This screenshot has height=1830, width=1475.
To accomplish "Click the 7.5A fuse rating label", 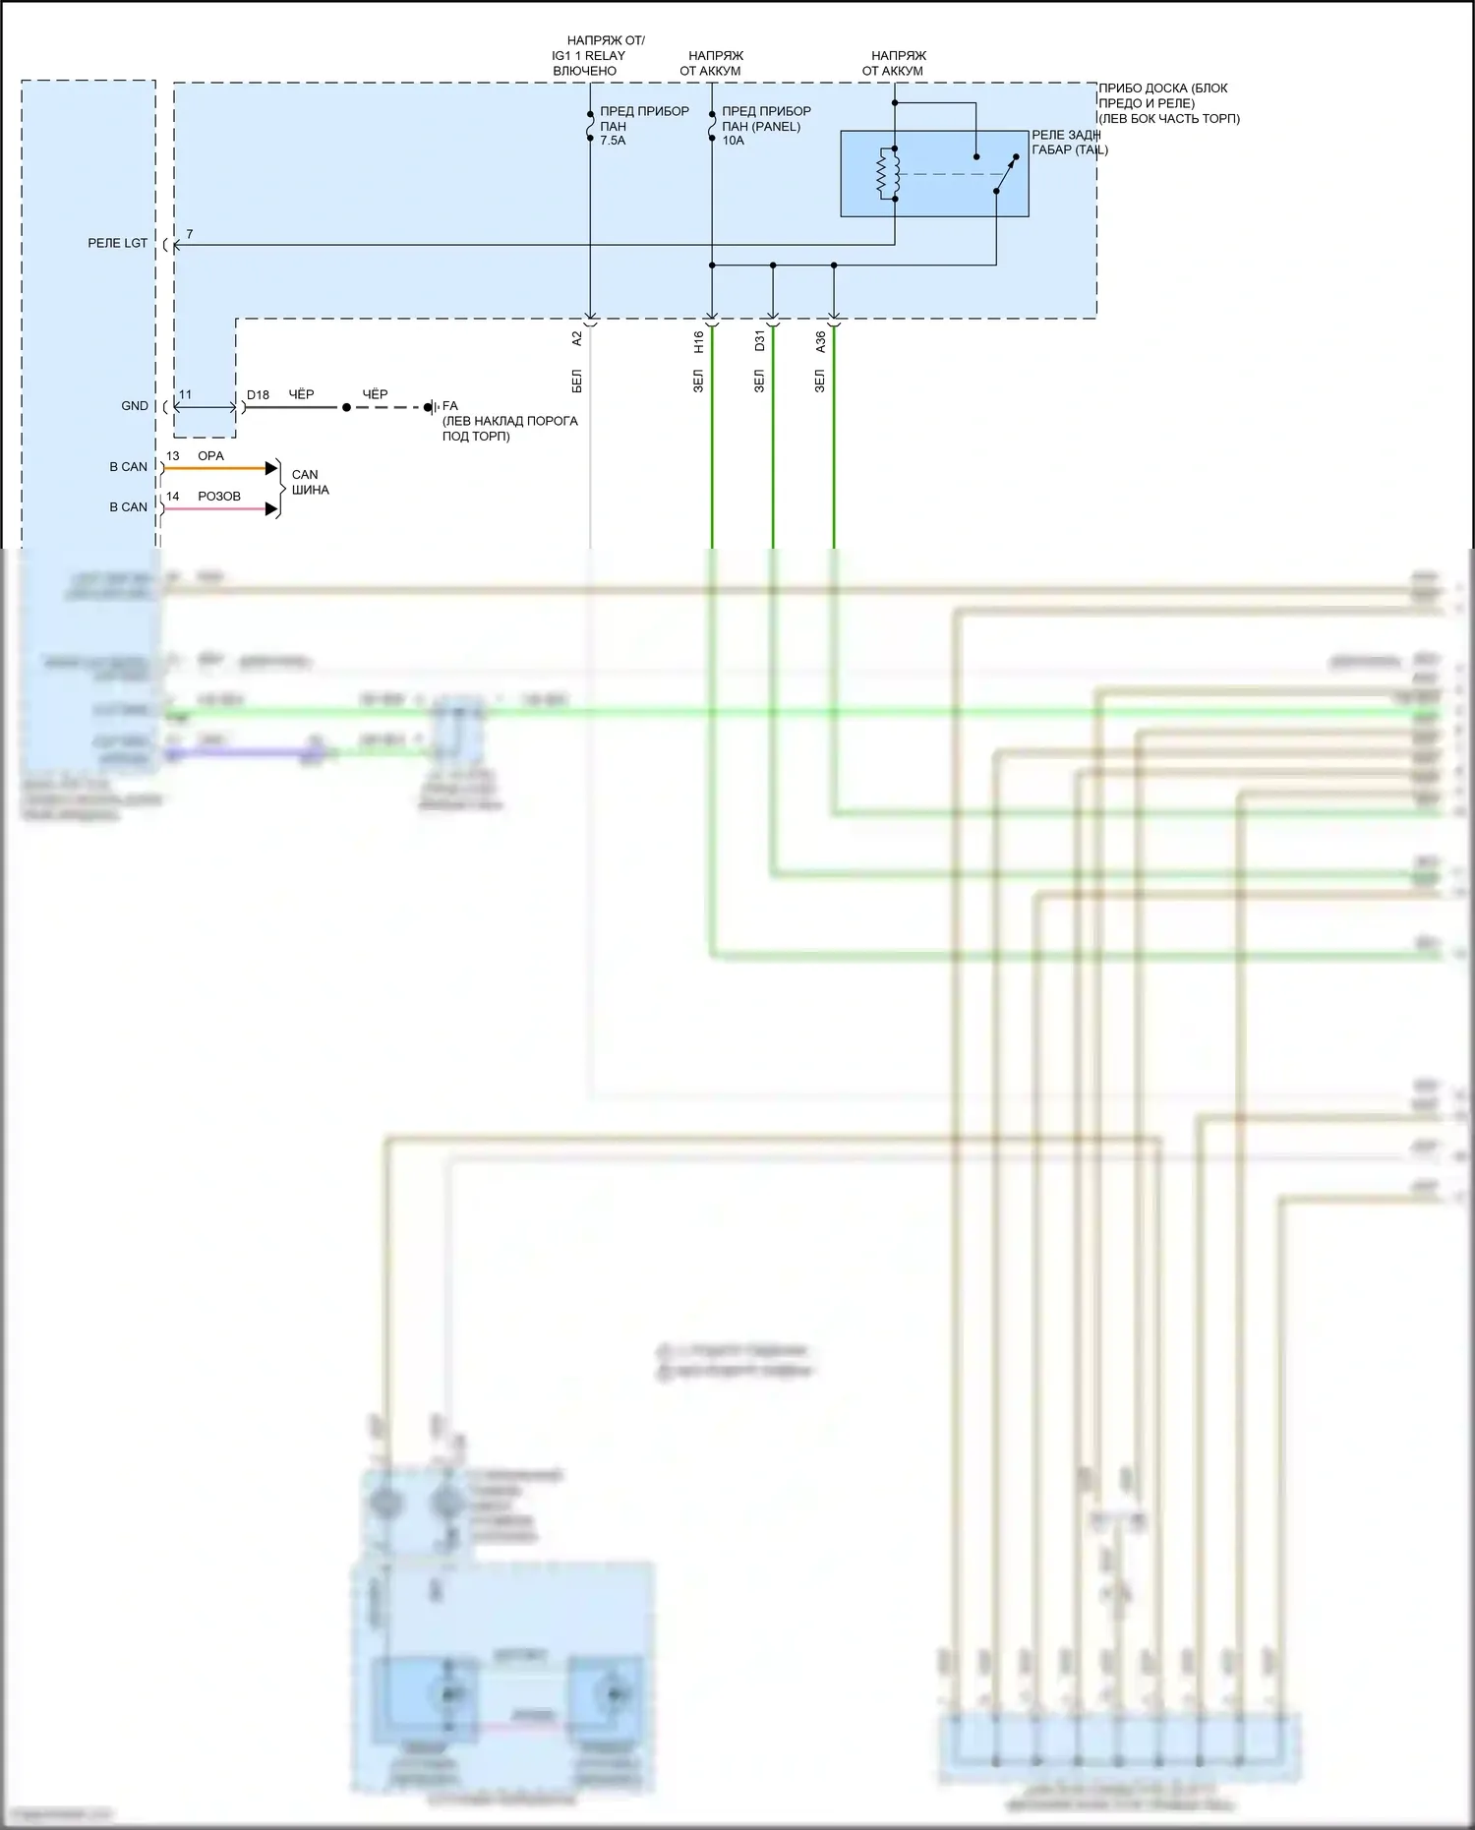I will (613, 141).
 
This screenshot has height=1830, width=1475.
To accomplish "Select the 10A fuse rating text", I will (733, 141).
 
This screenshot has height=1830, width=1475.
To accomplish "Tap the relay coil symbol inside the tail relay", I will (882, 174).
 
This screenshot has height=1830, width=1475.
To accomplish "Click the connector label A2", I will (577, 338).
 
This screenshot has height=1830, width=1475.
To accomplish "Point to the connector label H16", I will (699, 342).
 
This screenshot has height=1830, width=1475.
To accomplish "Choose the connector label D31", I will (760, 341).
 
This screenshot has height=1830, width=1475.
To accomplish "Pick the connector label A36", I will (821, 342).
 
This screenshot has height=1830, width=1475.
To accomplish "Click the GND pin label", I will (135, 406).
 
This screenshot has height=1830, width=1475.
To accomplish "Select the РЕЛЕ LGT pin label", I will (118, 243).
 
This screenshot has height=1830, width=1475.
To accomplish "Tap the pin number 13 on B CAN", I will (173, 456).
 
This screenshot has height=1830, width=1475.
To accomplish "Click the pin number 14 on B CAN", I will (173, 497).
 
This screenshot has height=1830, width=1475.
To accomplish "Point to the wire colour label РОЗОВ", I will (219, 497).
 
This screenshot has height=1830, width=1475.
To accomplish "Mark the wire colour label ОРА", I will (211, 456).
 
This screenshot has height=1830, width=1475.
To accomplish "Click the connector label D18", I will (258, 395).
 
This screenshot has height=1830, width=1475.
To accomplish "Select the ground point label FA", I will (450, 406).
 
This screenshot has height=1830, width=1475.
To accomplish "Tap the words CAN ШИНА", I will (310, 482).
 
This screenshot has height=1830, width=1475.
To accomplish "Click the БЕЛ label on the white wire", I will (577, 382).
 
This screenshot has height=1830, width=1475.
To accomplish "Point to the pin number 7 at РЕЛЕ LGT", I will (190, 234).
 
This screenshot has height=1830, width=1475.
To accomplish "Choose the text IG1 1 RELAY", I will (588, 56).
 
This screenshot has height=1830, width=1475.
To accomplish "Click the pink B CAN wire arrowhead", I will (272, 509).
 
